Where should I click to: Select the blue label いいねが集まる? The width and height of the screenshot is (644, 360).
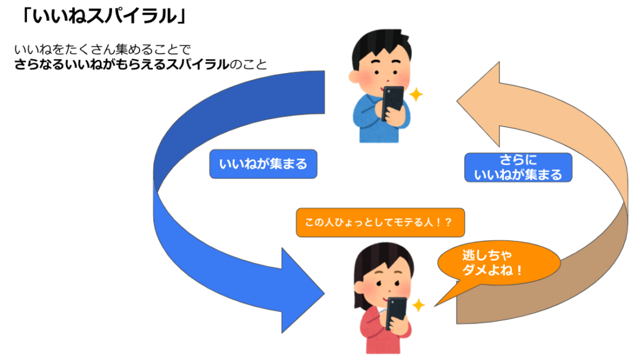pyautogui.click(x=263, y=165)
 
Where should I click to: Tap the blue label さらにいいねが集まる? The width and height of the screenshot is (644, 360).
pyautogui.click(x=518, y=167)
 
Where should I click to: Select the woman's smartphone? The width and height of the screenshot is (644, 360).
pyautogui.click(x=396, y=312)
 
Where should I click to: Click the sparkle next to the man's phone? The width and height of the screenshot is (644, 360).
pyautogui.click(x=416, y=95)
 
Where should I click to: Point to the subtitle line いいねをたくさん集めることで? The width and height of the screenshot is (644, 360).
pyautogui.click(x=101, y=48)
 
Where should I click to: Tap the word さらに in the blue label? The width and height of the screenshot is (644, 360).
pyautogui.click(x=518, y=160)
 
